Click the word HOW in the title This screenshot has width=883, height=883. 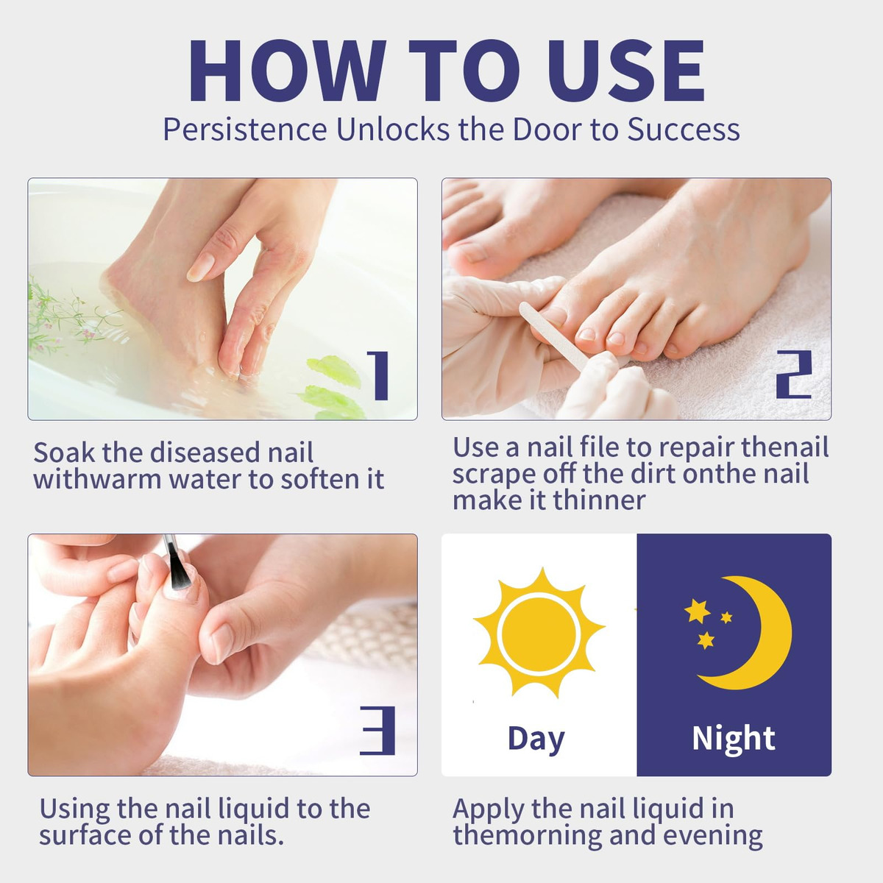(287, 70)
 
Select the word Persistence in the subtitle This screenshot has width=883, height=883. (245, 130)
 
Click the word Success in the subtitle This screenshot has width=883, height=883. (683, 130)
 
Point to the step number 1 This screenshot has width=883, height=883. (380, 375)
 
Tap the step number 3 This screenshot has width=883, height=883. (377, 731)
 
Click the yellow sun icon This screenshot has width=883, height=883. (539, 634)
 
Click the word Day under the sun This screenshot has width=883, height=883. (536, 738)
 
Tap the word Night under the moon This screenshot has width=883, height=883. (733, 738)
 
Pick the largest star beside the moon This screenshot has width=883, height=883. (697, 611)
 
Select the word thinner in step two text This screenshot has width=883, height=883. (600, 500)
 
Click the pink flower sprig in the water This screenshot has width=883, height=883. (68, 316)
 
